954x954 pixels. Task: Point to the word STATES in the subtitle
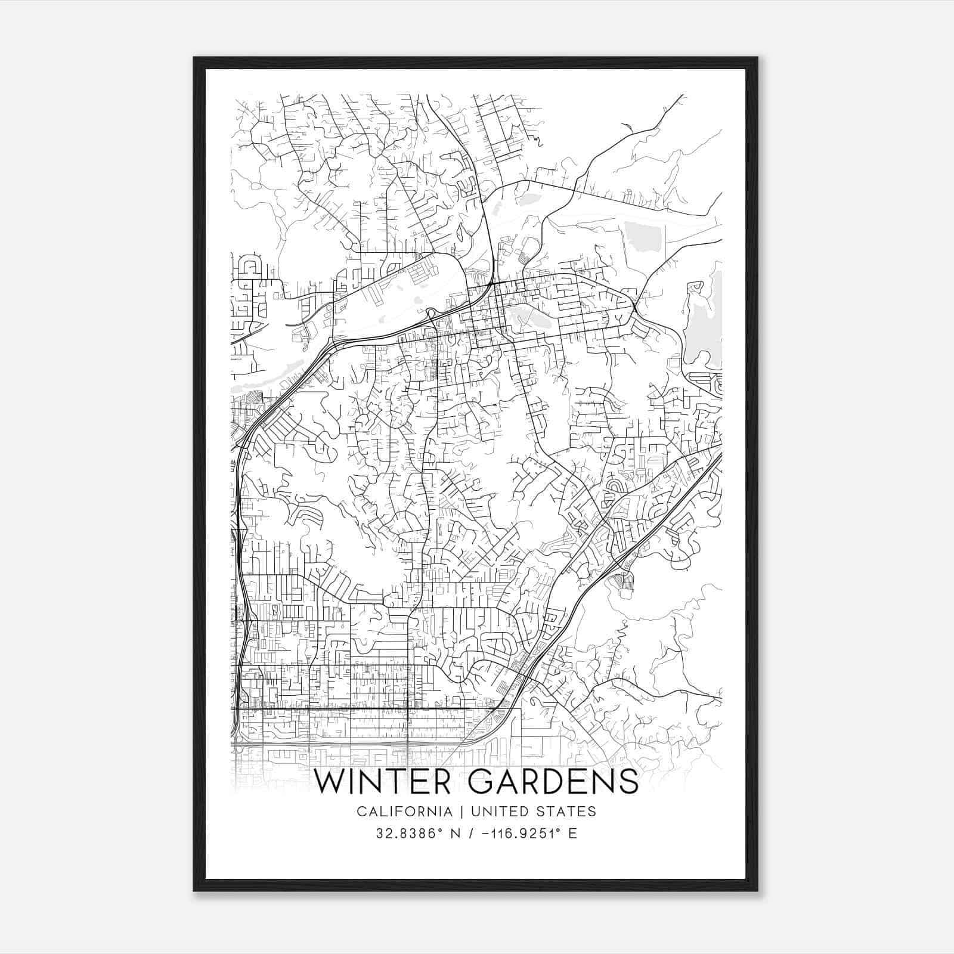coord(568,811)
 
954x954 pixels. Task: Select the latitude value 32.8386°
coord(407,834)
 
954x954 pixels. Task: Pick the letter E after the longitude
coord(573,834)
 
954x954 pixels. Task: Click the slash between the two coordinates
coord(472,834)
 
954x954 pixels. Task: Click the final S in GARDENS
coord(628,782)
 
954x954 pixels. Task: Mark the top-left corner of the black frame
coord(194,58)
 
